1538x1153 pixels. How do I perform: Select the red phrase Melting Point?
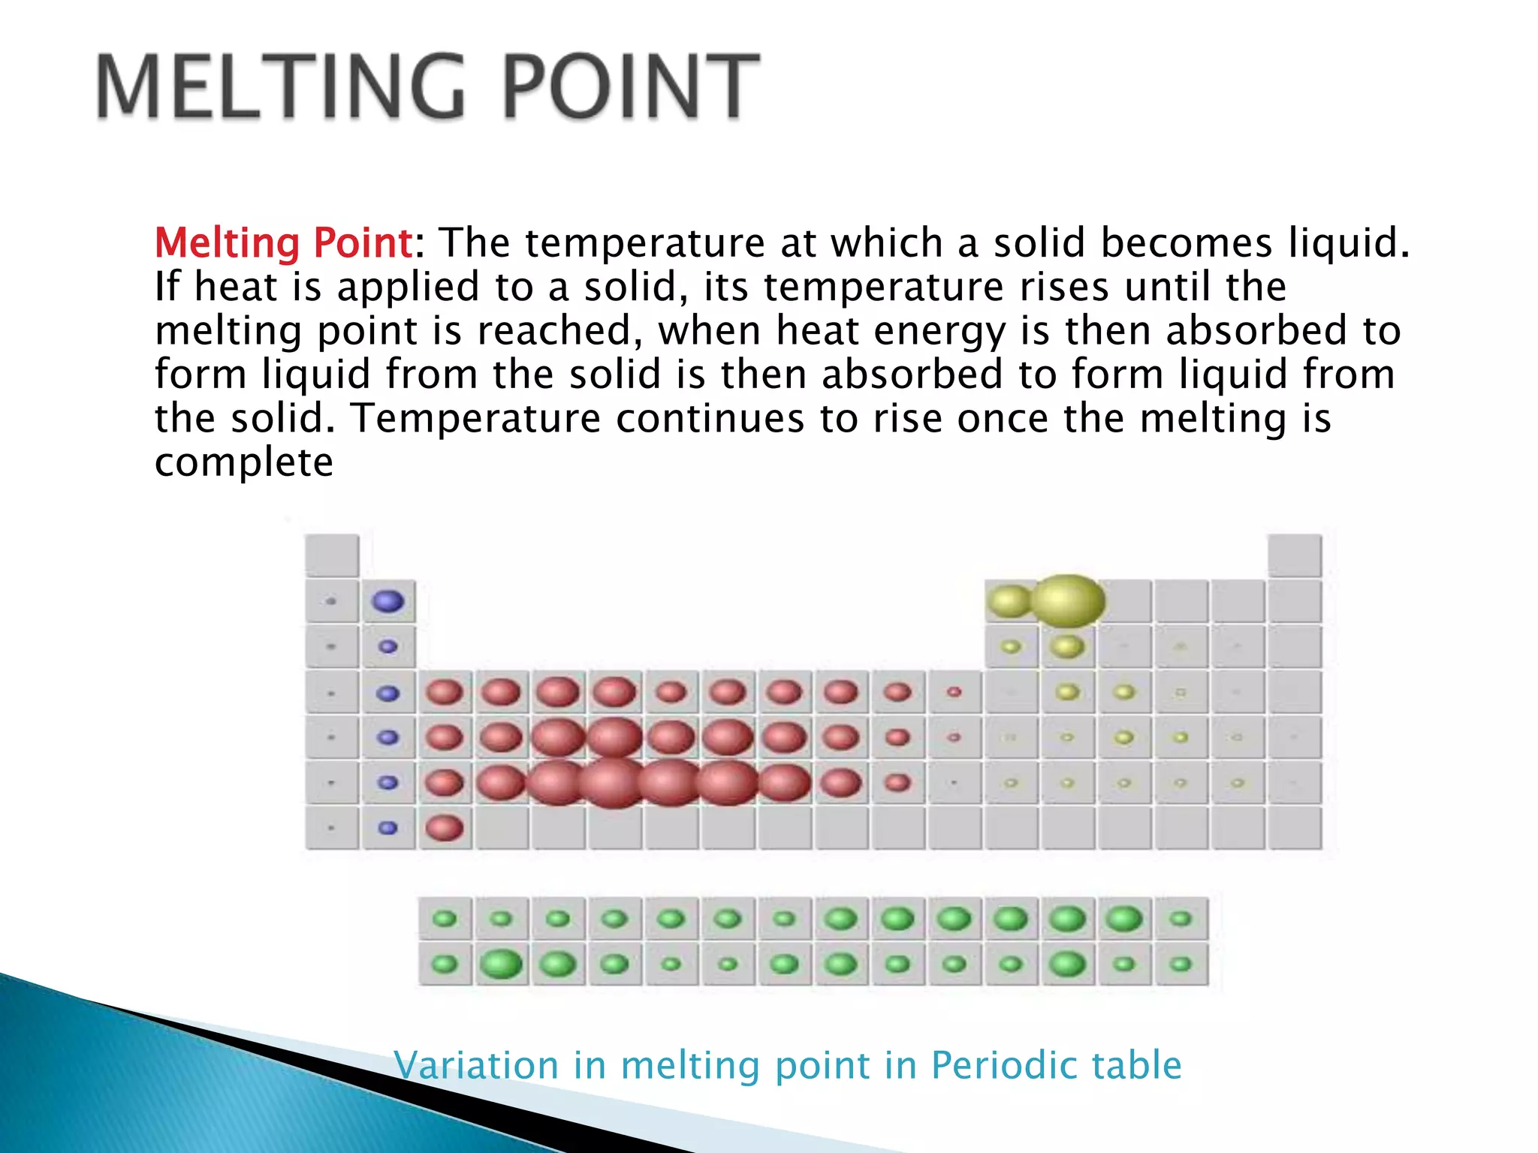pyautogui.click(x=282, y=243)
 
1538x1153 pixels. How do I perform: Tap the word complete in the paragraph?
pyautogui.click(x=243, y=462)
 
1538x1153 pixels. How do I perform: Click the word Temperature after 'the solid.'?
pyautogui.click(x=476, y=418)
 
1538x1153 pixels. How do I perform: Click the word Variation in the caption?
pyautogui.click(x=477, y=1064)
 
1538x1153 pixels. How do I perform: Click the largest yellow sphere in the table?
pyautogui.click(x=1067, y=601)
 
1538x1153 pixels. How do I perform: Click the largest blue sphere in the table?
pyautogui.click(x=388, y=601)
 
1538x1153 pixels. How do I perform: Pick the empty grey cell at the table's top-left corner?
pyautogui.click(x=332, y=555)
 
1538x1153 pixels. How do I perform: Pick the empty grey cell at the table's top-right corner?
pyautogui.click(x=1295, y=555)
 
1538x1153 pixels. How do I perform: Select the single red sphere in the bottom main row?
pyautogui.click(x=445, y=828)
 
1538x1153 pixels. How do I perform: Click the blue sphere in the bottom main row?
pyautogui.click(x=388, y=828)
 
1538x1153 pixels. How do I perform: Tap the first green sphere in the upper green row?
pyautogui.click(x=445, y=919)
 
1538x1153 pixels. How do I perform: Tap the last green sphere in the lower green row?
pyautogui.click(x=1181, y=964)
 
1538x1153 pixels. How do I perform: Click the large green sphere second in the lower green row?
pyautogui.click(x=501, y=964)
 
